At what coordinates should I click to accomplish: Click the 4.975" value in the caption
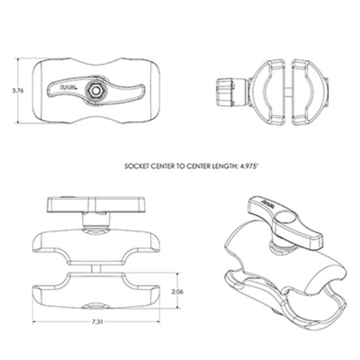point(248,167)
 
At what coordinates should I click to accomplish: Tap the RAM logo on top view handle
point(69,86)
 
